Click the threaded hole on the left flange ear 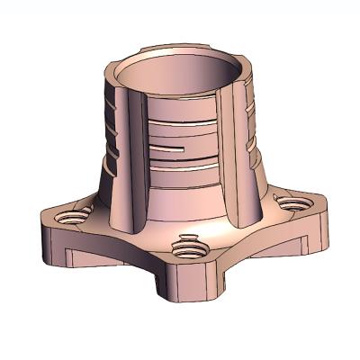coord(71,216)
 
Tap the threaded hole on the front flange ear coord(186,244)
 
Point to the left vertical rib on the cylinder coord(127,157)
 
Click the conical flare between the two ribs coord(180,202)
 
